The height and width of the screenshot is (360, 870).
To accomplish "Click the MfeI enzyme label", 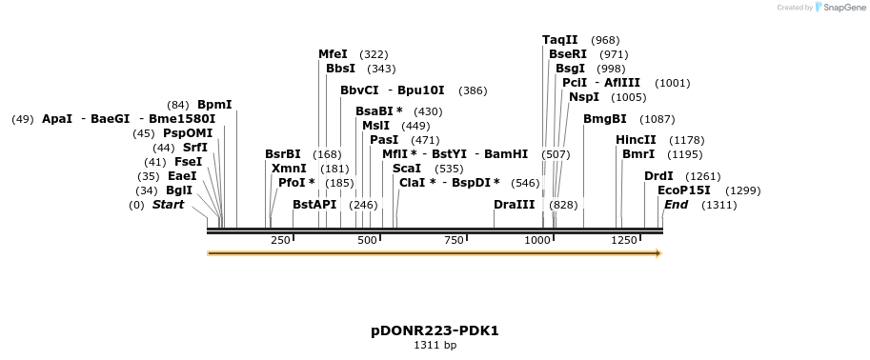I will (333, 54).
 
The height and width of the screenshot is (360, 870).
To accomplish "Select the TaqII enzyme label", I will (560, 40).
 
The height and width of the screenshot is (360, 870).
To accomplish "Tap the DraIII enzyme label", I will (514, 205).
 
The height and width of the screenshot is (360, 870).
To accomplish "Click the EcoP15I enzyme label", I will (684, 190).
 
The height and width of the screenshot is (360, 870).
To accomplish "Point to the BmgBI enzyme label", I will (605, 119).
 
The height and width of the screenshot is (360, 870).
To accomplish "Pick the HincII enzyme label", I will (636, 140).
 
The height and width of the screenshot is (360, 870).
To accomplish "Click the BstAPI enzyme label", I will (314, 205).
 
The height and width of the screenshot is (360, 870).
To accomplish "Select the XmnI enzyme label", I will (289, 169).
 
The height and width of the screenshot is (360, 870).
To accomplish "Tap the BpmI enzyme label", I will (214, 105).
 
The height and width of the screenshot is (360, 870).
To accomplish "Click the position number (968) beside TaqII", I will (605, 40).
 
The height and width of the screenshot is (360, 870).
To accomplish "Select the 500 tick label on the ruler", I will (368, 240).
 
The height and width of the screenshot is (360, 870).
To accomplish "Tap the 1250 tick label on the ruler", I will (624, 240).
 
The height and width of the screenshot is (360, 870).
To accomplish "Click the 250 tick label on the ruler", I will (281, 240).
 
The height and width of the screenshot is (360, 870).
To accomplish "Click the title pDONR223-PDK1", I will (435, 330).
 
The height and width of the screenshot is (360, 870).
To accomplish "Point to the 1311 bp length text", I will (435, 346).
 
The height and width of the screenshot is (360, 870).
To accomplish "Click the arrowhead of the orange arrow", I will (657, 253).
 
